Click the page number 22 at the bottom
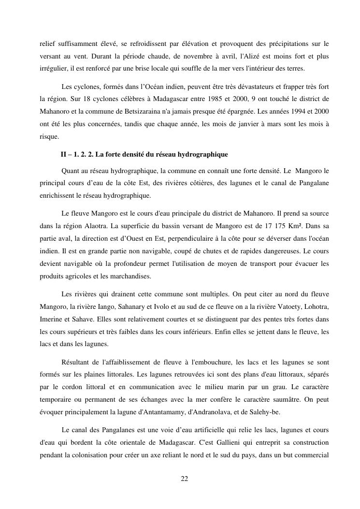tap(184, 479)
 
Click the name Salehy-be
tap(279, 412)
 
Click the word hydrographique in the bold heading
tap(205, 155)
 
